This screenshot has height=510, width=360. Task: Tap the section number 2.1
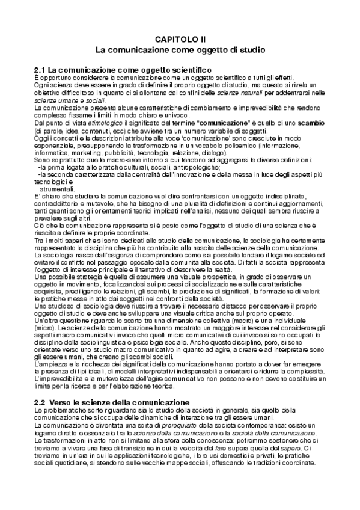[x=41, y=70]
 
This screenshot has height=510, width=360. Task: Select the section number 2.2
[x=41, y=385]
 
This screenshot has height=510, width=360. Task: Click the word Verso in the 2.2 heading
[x=62, y=385]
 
